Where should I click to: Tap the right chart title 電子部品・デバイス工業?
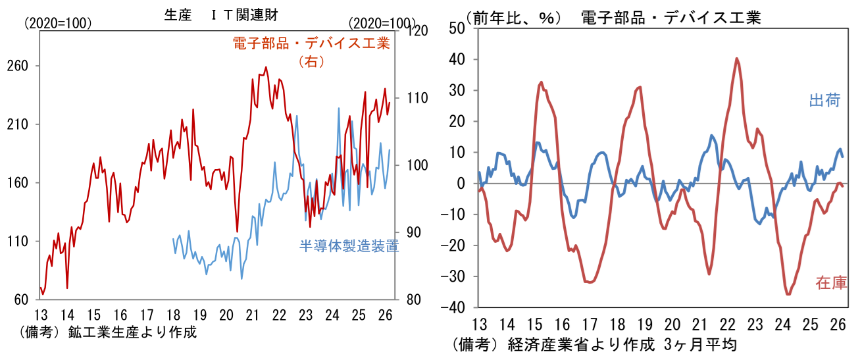coord(671,18)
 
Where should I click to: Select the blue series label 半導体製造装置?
coord(349,246)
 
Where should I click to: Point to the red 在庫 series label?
coord(831,284)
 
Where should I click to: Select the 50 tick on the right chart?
coord(457,28)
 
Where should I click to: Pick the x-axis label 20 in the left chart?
coord(226,314)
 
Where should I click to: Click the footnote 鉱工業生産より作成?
coord(132,332)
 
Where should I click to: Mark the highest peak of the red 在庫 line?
coord(737,59)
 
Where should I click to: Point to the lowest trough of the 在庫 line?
coord(788,294)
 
